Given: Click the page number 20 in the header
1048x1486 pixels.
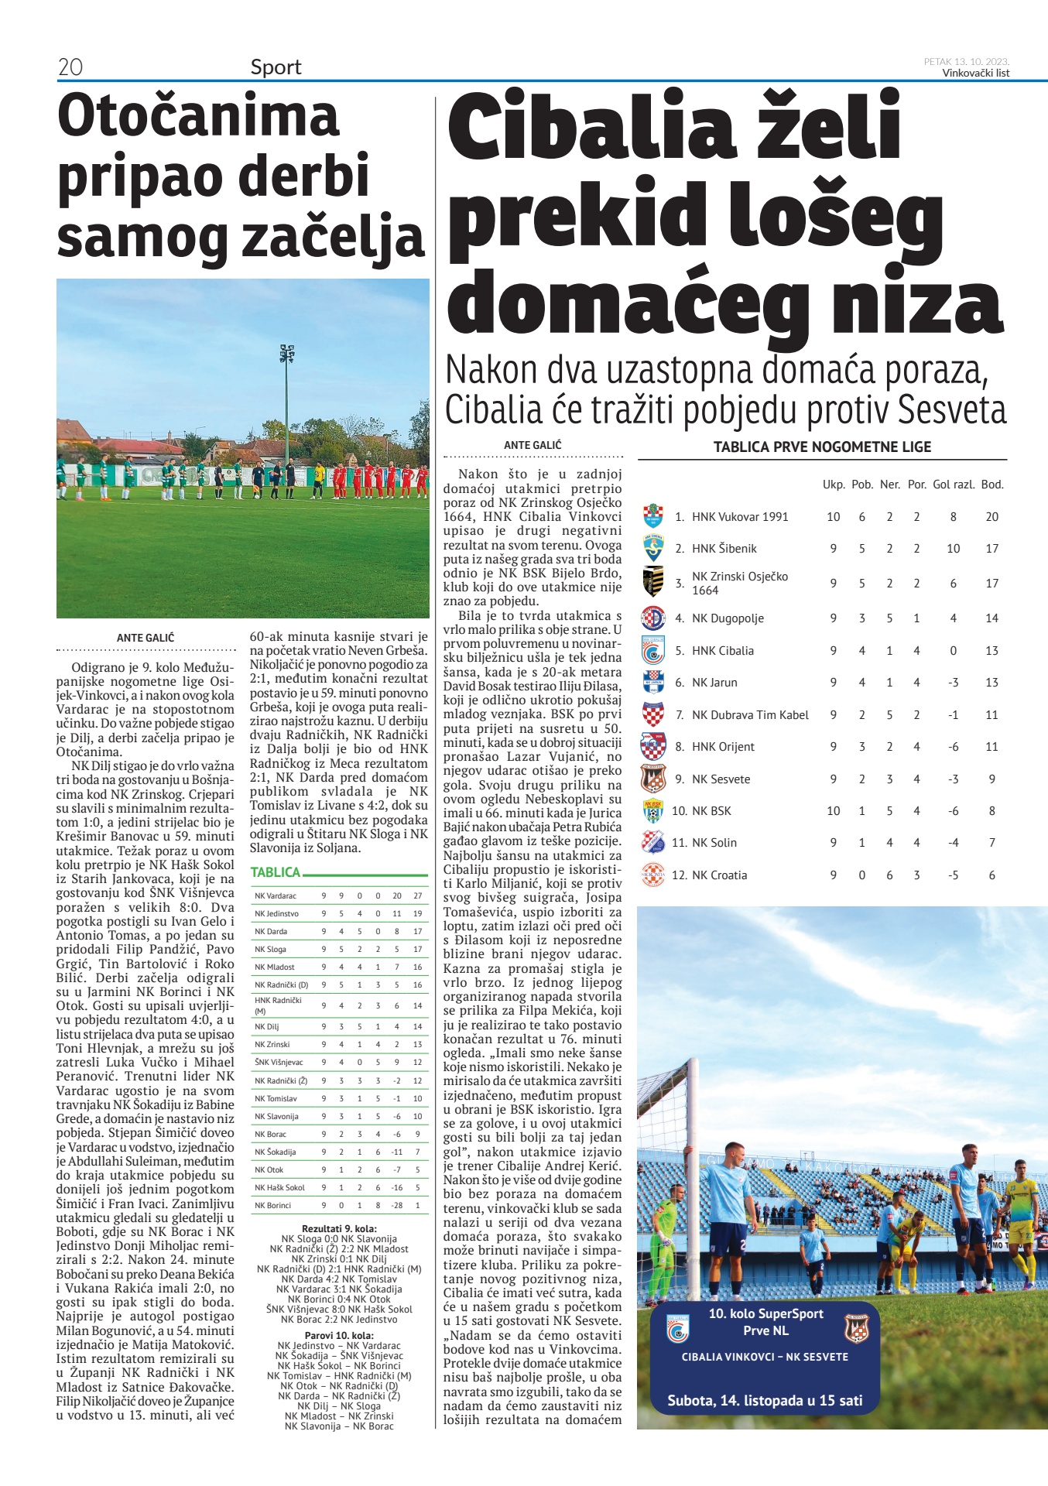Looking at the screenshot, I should coord(70,67).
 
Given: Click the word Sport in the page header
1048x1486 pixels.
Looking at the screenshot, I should coord(276,67).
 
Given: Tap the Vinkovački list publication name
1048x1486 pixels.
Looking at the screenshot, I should coord(975,73).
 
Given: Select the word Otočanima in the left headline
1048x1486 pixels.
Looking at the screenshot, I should coord(198,117).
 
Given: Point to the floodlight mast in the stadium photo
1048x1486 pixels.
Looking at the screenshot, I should coord(286,402).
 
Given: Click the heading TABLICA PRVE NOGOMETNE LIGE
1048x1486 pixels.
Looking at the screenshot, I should coord(822,447).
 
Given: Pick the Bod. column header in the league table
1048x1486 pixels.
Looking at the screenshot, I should coord(991,484).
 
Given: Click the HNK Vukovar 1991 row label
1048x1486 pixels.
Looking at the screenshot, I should coord(739,516).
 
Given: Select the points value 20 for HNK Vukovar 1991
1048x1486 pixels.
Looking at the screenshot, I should coord(991,516).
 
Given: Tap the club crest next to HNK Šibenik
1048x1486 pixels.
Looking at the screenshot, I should coord(653,548).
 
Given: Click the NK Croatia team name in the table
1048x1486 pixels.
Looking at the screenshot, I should coord(719,875).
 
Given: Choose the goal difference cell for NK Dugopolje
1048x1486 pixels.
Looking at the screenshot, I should coord(953,618).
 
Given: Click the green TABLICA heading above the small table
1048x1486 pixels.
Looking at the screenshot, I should coord(276,872).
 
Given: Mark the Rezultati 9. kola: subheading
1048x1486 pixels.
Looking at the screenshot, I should coord(339,1228).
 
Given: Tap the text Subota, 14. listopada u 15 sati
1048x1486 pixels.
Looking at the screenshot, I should coord(765,1400).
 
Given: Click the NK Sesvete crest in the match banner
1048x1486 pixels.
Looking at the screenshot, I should coord(857,1328).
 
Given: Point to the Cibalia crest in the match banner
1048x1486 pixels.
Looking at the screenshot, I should coord(677,1328).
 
